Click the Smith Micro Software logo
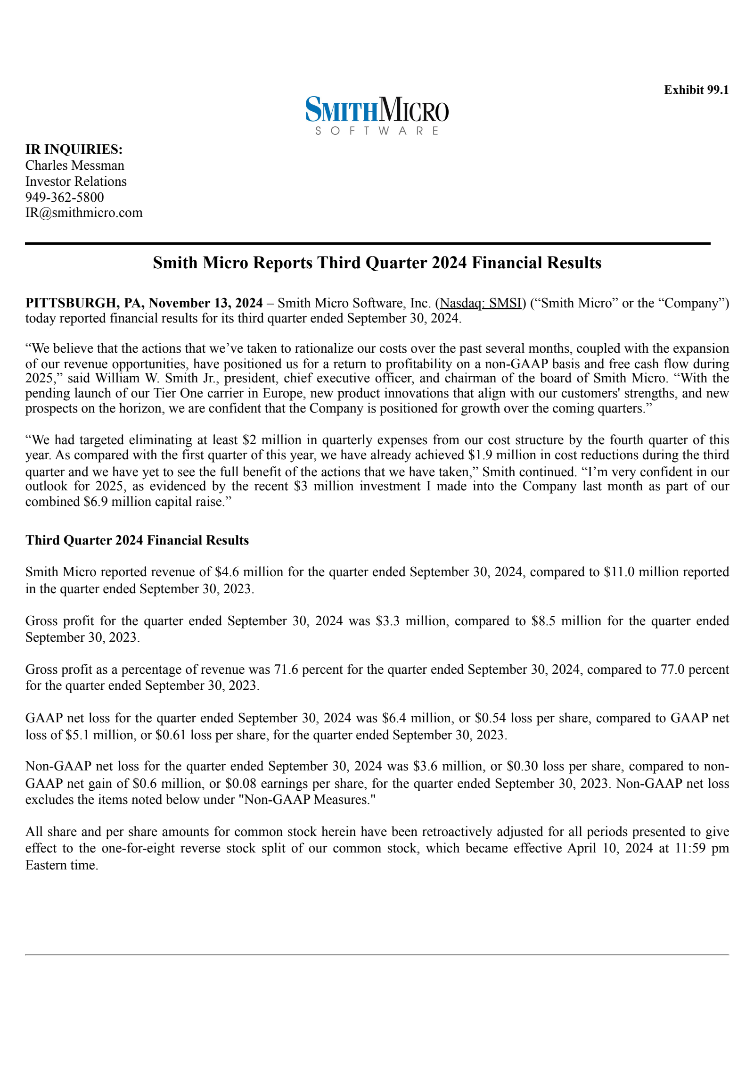pos(377,115)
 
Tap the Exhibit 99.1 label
pos(696,90)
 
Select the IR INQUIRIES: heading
pos(74,149)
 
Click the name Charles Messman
pos(75,165)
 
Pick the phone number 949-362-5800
pos(65,197)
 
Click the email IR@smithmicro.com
pos(84,213)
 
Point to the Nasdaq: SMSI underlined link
pos(481,303)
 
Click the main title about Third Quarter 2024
pos(377,263)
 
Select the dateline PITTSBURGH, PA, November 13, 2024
pos(144,303)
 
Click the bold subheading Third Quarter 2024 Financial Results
pos(137,540)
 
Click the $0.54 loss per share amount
pos(490,718)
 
